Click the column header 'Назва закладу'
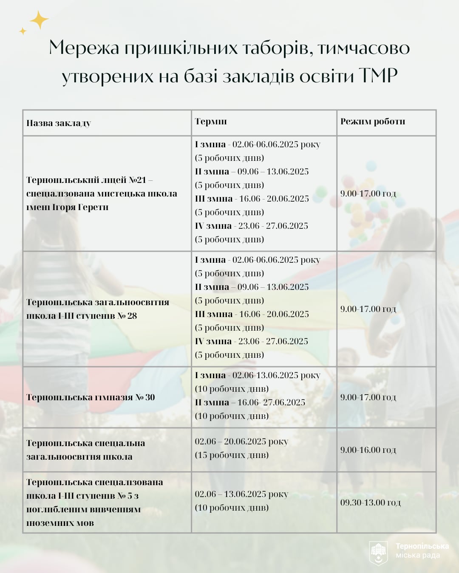(x=59, y=123)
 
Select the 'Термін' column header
(x=211, y=121)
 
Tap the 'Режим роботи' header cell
(x=373, y=121)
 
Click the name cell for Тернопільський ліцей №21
(x=102, y=194)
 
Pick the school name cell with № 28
(x=97, y=309)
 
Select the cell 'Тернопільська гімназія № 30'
(x=91, y=397)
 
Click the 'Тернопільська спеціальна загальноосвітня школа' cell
(x=85, y=450)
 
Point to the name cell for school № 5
(x=94, y=503)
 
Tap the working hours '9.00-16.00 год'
(x=368, y=450)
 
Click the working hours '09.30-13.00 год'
(x=370, y=503)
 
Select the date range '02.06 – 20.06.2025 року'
(x=241, y=441)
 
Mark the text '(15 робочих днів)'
(x=232, y=455)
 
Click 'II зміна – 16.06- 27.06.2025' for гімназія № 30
(x=250, y=402)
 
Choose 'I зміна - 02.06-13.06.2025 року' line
(x=257, y=375)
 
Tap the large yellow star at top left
(x=39, y=20)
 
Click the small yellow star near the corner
(x=23, y=31)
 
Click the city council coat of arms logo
(x=378, y=553)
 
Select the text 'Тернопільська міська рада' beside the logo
(x=422, y=551)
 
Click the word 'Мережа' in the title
(x=84, y=48)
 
